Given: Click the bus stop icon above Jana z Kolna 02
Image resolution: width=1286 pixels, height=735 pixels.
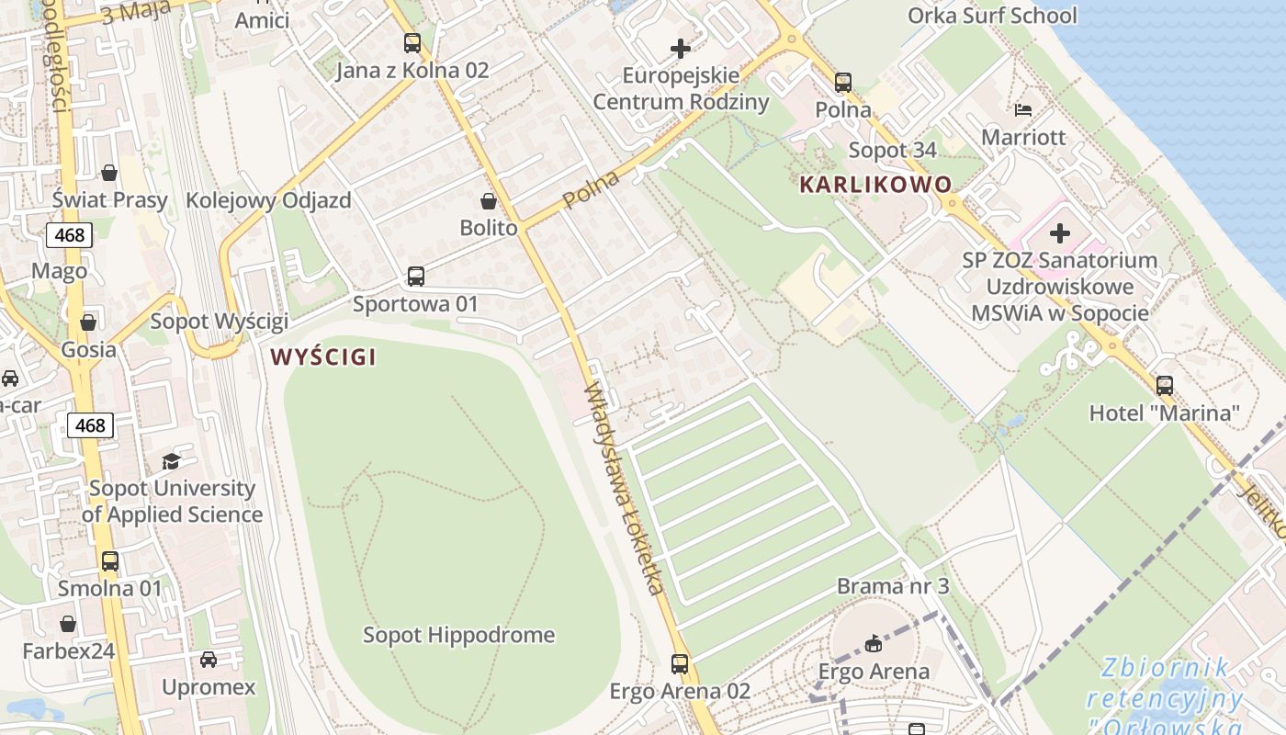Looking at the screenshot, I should pos(412,42).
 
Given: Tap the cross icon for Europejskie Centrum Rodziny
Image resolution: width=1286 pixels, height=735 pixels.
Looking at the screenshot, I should pos(681,49).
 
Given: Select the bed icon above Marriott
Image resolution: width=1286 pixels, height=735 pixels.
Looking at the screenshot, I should pos(1023,110).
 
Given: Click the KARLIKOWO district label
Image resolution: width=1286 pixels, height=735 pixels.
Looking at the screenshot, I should pos(875,185).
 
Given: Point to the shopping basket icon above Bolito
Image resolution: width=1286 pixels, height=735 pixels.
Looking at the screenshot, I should pos(489,200).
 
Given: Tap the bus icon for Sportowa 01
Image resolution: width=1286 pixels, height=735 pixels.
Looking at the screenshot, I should pos(415,276).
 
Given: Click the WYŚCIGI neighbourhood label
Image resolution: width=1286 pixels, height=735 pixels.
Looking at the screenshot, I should pos(323,357).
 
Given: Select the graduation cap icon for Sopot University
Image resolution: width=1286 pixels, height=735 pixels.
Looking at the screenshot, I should pos(172,461).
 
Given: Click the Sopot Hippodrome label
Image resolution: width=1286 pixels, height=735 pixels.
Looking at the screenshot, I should pos(458,635).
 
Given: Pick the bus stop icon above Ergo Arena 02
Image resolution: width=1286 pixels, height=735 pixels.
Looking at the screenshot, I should pos(680,663).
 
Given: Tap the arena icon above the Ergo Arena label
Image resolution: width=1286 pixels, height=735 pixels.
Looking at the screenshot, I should pos(874,643).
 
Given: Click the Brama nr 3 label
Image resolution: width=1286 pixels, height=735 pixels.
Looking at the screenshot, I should pos(892,586).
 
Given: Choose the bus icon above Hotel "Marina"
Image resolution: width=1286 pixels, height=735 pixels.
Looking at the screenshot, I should pos(1165,386).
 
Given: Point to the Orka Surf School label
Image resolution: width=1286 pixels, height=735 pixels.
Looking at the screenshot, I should pos(992,16).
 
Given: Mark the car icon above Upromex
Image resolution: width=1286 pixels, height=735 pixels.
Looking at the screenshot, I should pos(209,660).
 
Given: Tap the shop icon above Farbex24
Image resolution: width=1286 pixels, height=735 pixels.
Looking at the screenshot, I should pos(68,625).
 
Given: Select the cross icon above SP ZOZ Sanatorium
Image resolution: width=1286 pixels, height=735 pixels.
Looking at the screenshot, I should pos(1060,233).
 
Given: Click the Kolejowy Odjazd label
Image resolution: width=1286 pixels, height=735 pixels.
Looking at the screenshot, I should pos(268,200).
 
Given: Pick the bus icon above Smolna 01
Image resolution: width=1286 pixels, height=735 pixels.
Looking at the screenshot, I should pos(110,560).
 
